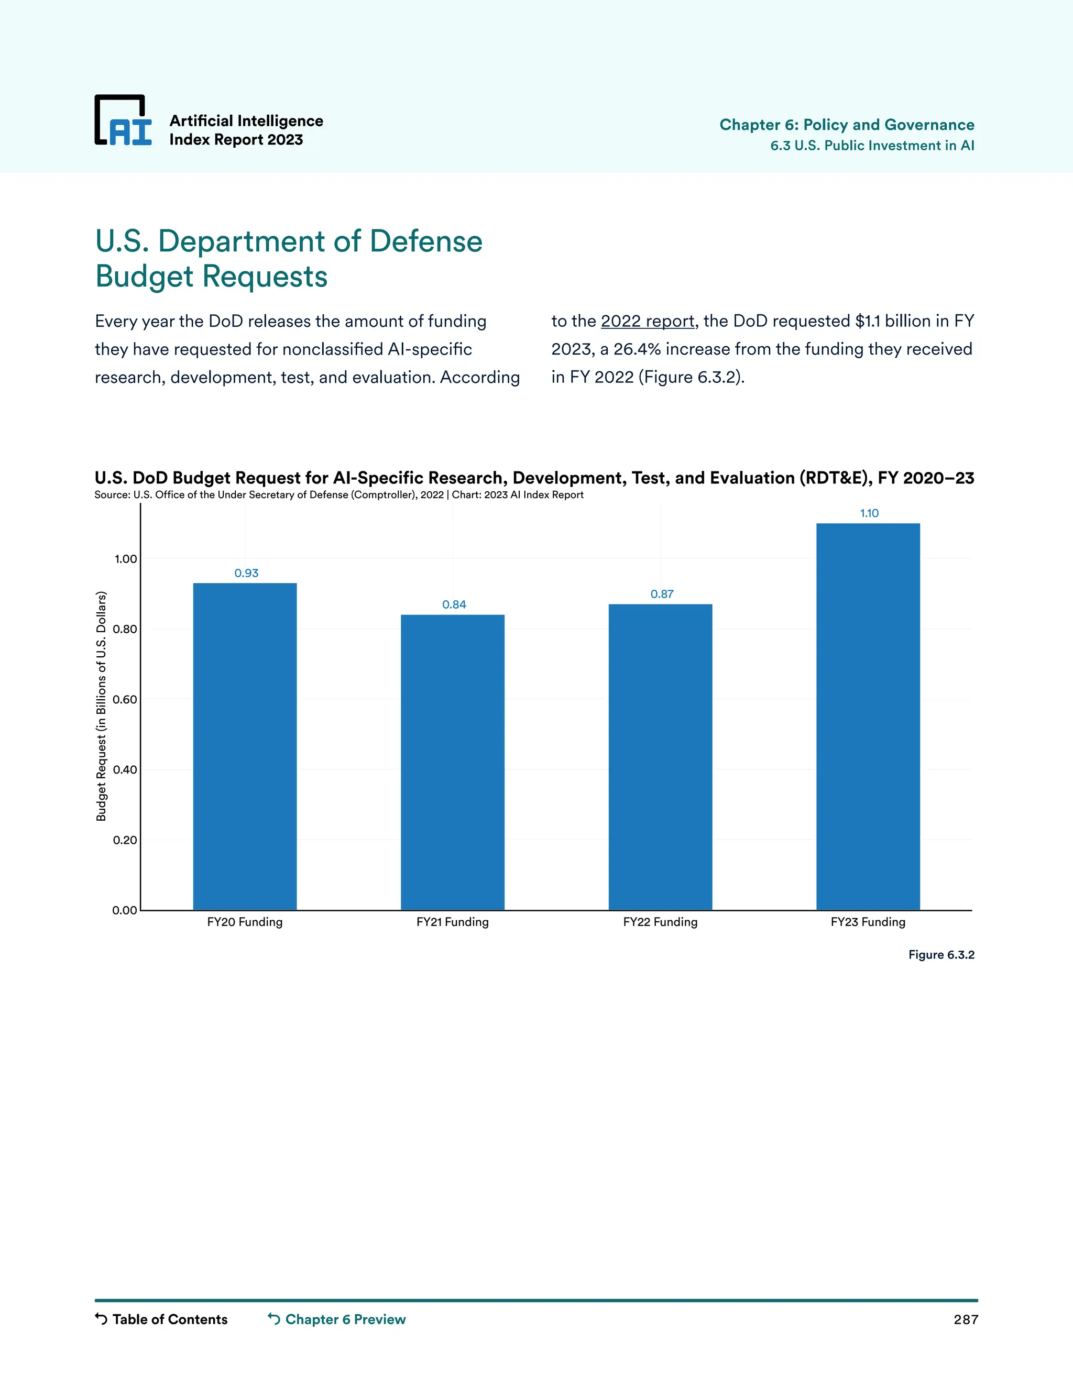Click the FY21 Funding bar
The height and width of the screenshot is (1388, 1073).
coord(453,762)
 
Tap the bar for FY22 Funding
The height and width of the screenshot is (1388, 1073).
coord(661,756)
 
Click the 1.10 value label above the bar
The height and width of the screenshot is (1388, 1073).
coord(869,513)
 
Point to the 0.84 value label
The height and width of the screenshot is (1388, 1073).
coord(454,604)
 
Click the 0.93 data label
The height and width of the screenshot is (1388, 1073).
coord(247,573)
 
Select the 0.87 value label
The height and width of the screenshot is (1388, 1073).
coord(662,594)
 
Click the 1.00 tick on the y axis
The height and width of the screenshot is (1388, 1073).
coord(125,559)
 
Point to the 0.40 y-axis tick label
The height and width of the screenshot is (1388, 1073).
coord(125,769)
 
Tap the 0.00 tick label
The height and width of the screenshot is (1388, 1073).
coord(125,910)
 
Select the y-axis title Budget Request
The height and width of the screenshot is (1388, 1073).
coord(101,706)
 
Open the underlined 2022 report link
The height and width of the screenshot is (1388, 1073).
coord(647,322)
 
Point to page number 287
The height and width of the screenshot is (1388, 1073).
coord(965,1319)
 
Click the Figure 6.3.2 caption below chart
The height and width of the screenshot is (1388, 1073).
coord(941,954)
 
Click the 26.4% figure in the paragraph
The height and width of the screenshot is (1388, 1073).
coord(637,349)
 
